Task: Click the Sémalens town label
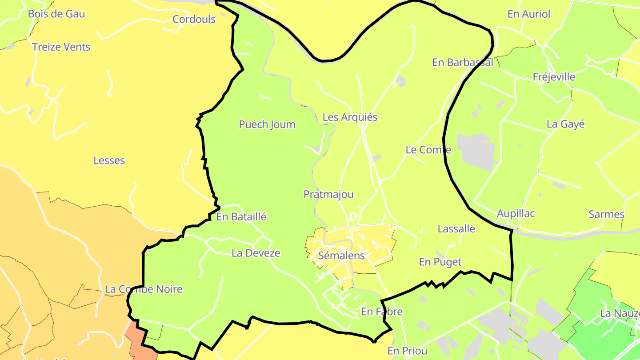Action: coord(341,256)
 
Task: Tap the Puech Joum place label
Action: coord(267,124)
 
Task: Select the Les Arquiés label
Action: coord(350,117)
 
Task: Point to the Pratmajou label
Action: coord(328,194)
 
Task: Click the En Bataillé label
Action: coord(241,217)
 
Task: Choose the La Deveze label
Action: coord(256,253)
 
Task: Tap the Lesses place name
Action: coord(109,160)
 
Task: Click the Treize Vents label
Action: coord(61,47)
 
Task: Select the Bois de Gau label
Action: coord(56,14)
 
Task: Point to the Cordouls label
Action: coord(194,20)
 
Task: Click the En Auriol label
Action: coord(528,14)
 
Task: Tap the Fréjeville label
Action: coord(554,77)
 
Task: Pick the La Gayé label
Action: coord(565,124)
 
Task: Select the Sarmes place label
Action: coord(606,214)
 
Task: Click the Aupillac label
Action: coord(516,213)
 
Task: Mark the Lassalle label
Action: coord(456,229)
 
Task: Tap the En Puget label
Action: coord(440,262)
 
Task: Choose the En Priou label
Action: coord(407,351)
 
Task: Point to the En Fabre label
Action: coord(382,312)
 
